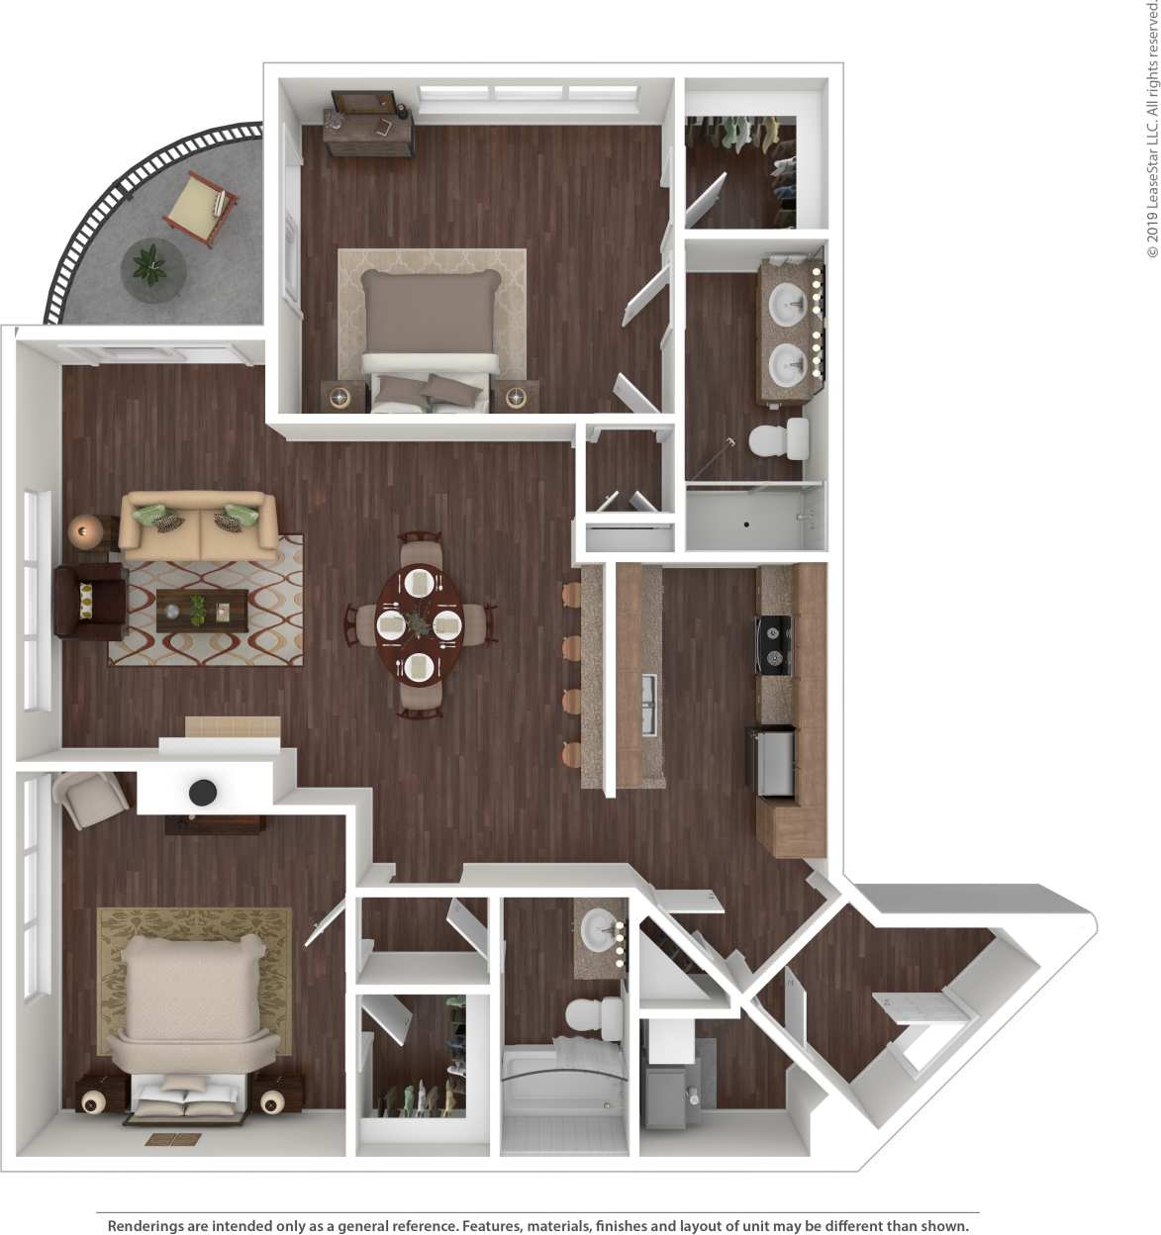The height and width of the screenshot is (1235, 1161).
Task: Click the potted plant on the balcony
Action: (x=152, y=265)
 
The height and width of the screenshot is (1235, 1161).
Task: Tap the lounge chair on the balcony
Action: (x=199, y=206)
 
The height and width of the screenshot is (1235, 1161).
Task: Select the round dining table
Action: (x=420, y=624)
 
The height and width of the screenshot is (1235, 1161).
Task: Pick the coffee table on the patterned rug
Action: (x=202, y=611)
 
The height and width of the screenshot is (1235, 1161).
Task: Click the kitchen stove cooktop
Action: (x=774, y=644)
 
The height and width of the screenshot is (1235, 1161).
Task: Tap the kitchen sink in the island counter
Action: (x=649, y=704)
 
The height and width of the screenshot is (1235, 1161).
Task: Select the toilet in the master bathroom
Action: (x=778, y=439)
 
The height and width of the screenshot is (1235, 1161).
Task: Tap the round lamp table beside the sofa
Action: (x=85, y=531)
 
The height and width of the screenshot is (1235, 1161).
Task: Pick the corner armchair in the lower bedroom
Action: (x=90, y=798)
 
